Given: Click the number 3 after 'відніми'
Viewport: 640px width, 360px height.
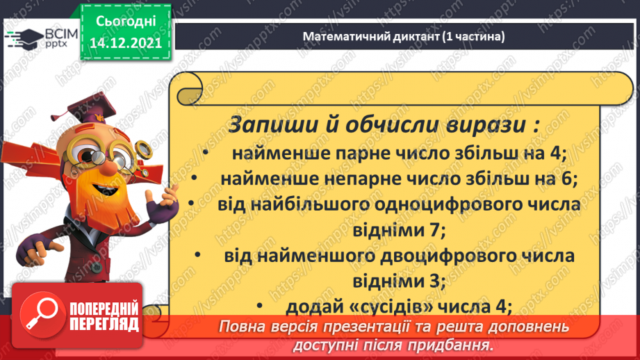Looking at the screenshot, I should (441, 281).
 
